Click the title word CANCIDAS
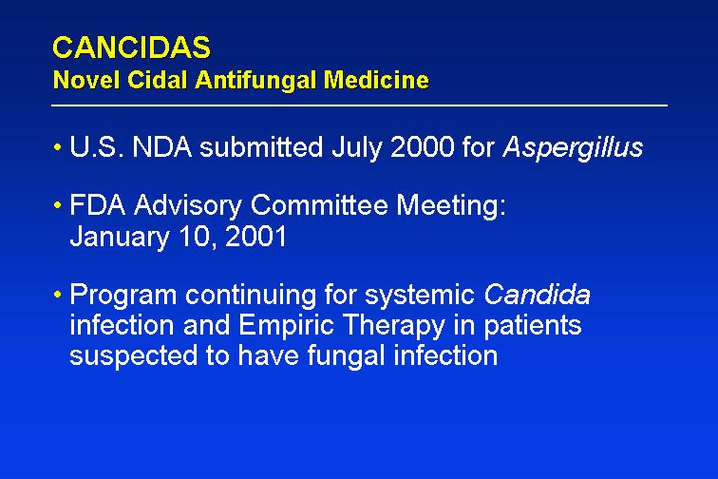click(x=132, y=48)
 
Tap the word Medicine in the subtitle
click(x=376, y=80)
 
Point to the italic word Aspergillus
click(x=573, y=148)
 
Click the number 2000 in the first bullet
click(x=423, y=147)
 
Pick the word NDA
click(x=162, y=147)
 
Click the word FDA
click(x=98, y=204)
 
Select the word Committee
click(x=319, y=204)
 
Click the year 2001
click(x=256, y=236)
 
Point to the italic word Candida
click(x=537, y=294)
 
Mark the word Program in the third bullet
click(x=123, y=296)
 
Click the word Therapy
click(x=394, y=326)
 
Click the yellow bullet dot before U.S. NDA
click(x=57, y=147)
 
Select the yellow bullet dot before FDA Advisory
click(x=57, y=205)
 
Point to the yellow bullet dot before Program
click(x=57, y=295)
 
